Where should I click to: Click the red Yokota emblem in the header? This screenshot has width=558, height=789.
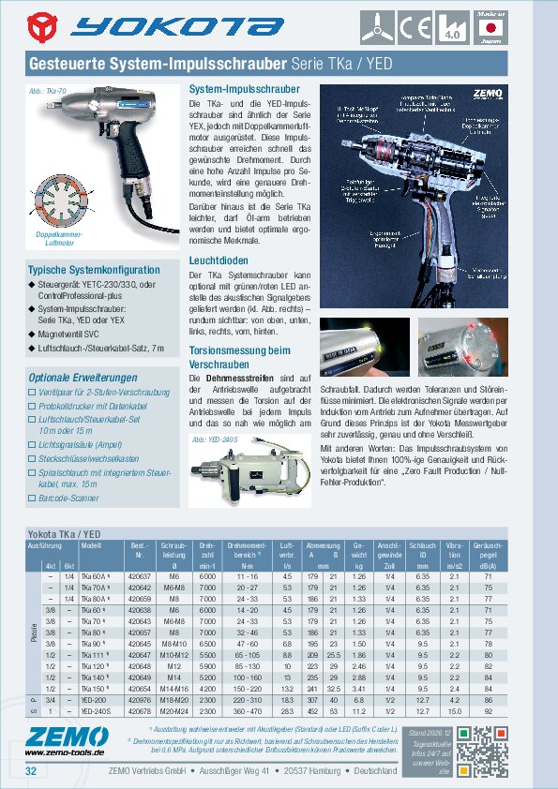(44, 27)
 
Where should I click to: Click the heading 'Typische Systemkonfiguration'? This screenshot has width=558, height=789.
(93, 270)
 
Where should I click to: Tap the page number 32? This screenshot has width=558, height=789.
(31, 771)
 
